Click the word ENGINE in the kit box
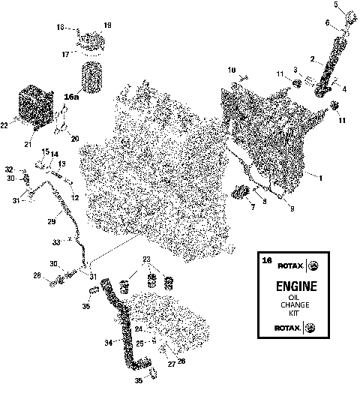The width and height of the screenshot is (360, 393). point(297,286)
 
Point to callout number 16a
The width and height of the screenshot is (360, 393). point(72,97)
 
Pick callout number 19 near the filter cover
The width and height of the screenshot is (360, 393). point(107,26)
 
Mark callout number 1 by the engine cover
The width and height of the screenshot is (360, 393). point(320,178)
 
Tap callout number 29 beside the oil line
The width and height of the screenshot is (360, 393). point(52,222)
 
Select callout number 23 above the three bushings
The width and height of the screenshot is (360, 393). point(147,259)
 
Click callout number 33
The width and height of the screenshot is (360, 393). point(55,242)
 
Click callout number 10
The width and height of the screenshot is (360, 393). point(232,70)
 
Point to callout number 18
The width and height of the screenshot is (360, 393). point(61,28)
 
